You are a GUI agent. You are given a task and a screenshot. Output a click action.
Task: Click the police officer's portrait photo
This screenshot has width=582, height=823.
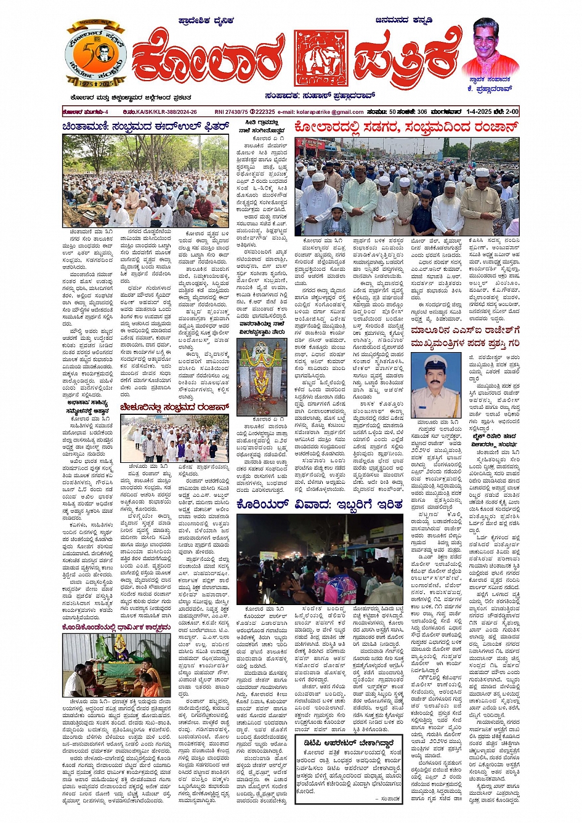(x=435, y=385)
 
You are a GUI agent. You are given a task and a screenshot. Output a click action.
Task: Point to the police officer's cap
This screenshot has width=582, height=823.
(x=435, y=363)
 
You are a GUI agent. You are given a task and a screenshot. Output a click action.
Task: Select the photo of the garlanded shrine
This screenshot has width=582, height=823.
(x=261, y=376)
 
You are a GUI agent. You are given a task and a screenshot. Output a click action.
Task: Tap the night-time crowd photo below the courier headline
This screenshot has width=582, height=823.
(x=320, y=560)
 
